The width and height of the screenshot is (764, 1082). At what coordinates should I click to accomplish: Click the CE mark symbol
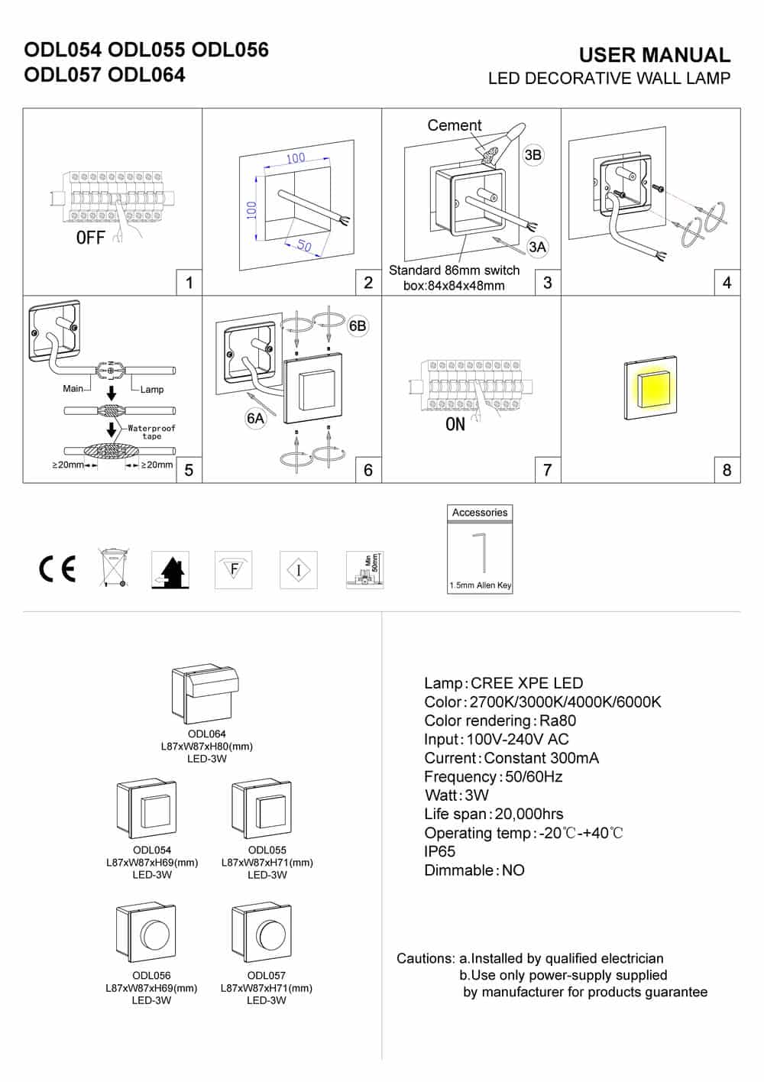click(57, 569)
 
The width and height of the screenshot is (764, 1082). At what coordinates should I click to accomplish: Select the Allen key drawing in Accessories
click(480, 552)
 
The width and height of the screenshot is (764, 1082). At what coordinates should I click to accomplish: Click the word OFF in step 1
click(90, 238)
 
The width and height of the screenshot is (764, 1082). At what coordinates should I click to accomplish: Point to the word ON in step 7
click(455, 425)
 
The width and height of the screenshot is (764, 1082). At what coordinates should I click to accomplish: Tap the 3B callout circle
click(533, 155)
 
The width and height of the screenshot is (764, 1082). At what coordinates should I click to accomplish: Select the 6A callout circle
click(255, 418)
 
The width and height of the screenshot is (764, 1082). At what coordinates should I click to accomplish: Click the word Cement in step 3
click(454, 125)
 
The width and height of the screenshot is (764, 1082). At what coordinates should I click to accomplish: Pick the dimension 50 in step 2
click(304, 246)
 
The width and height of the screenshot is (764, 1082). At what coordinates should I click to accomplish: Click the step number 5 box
click(189, 470)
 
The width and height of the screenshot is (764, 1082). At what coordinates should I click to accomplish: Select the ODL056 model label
click(151, 975)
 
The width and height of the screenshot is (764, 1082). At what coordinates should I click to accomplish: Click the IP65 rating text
click(439, 851)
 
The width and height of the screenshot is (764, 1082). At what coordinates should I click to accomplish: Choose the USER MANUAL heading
click(654, 55)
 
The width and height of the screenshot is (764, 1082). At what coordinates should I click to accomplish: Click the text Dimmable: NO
click(474, 870)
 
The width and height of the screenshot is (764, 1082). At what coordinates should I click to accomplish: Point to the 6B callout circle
click(358, 326)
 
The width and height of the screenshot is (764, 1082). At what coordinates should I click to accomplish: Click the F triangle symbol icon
click(234, 569)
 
